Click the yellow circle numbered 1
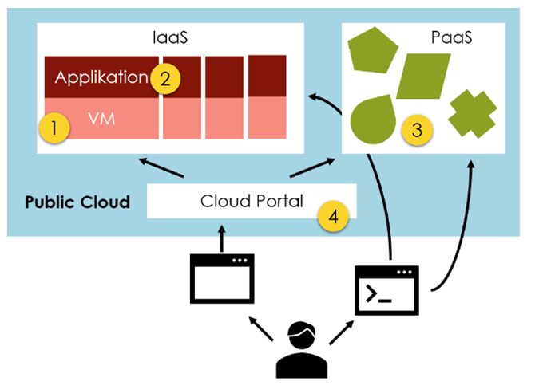click(54, 128)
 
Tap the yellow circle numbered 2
click(165, 78)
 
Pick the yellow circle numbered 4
click(334, 216)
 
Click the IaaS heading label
click(171, 37)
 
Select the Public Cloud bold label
click(77, 202)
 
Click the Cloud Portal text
click(252, 202)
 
